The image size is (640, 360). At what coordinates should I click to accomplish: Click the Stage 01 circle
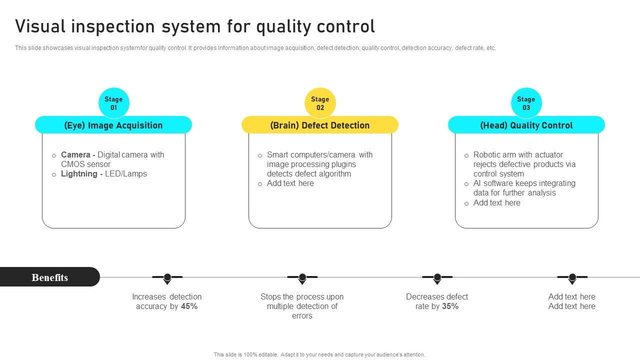[113, 103]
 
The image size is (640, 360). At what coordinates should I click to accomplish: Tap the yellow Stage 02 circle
[320, 103]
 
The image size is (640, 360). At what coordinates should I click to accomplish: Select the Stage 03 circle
[526, 103]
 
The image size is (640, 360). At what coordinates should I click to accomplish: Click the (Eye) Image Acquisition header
[113, 125]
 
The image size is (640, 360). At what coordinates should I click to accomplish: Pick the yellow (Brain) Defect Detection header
[320, 125]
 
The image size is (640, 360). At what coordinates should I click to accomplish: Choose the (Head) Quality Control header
[526, 125]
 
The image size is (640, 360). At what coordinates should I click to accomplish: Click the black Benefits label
[49, 277]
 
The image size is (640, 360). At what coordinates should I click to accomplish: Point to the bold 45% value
[189, 306]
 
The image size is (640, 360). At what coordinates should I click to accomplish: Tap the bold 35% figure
[450, 306]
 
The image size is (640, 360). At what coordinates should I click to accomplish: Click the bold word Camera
[76, 155]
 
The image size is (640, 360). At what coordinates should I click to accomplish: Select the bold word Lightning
[79, 174]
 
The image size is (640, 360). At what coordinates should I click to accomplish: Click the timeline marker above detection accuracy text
[167, 277]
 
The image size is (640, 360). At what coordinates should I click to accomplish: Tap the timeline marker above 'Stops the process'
[302, 277]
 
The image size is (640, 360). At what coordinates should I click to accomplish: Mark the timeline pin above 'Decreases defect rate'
[437, 277]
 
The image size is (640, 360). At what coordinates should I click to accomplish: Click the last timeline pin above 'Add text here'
[572, 277]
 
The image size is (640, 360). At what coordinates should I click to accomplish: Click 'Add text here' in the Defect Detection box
[290, 183]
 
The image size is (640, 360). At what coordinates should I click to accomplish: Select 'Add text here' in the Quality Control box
[496, 203]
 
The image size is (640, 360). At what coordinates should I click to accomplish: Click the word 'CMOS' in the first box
[73, 164]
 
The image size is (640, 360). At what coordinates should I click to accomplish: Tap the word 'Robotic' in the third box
[488, 155]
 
